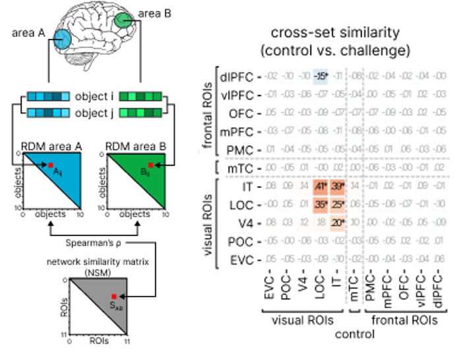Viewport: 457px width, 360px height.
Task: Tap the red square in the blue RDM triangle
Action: pyautogui.click(x=49, y=165)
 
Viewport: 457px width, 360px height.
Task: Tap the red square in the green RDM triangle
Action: pyautogui.click(x=151, y=165)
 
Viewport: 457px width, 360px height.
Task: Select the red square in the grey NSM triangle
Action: pyautogui.click(x=114, y=297)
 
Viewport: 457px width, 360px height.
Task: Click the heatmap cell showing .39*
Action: pyautogui.click(x=339, y=188)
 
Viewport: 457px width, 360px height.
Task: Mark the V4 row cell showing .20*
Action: pyautogui.click(x=339, y=222)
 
